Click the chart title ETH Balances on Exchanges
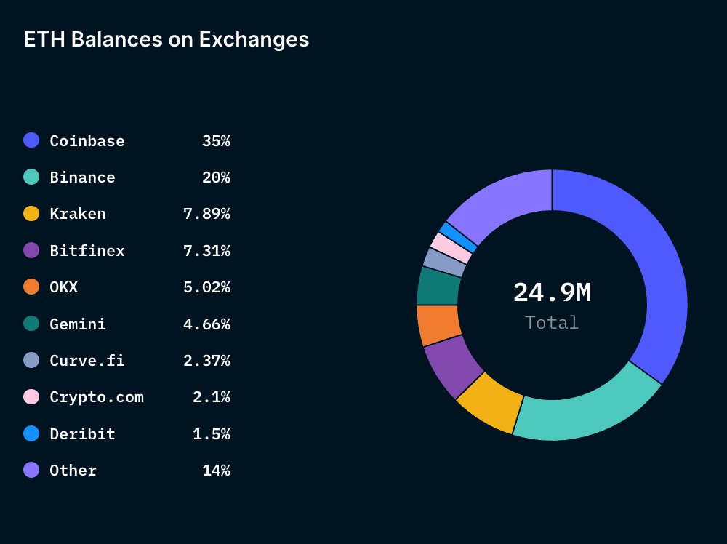pos(166,39)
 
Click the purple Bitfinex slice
pos(451,367)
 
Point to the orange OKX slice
pos(438,325)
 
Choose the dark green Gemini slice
pos(438,286)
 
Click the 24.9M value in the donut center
pos(552,292)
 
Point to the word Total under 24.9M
pos(552,323)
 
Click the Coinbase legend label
pos(87,141)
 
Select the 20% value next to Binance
pos(216,177)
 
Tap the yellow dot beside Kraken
pos(31,214)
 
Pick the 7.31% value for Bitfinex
pos(206,251)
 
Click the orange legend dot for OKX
pos(31,287)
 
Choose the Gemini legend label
pos(78,324)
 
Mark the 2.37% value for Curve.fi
pos(206,361)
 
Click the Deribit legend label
pos(82,434)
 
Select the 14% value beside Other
pos(216,471)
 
